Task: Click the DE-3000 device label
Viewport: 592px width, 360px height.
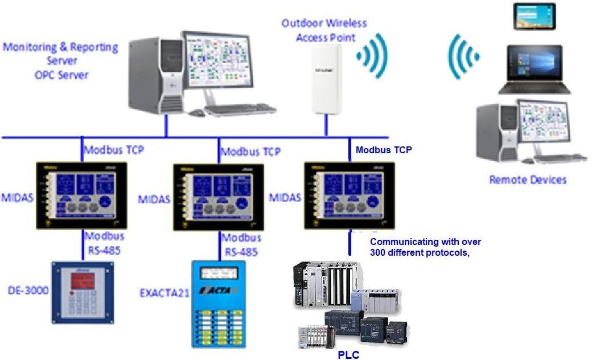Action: pyautogui.click(x=27, y=291)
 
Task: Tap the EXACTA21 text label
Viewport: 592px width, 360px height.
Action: pyautogui.click(x=165, y=294)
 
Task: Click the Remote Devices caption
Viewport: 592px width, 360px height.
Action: pyautogui.click(x=528, y=180)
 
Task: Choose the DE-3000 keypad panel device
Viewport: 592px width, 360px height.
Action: pyautogui.click(x=83, y=296)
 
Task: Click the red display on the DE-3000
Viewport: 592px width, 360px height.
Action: pyautogui.click(x=83, y=281)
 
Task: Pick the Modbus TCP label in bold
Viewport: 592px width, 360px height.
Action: pyautogui.click(x=383, y=150)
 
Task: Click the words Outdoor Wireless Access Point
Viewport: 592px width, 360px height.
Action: pyautogui.click(x=324, y=30)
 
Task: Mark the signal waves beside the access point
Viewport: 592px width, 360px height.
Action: pyautogui.click(x=373, y=56)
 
